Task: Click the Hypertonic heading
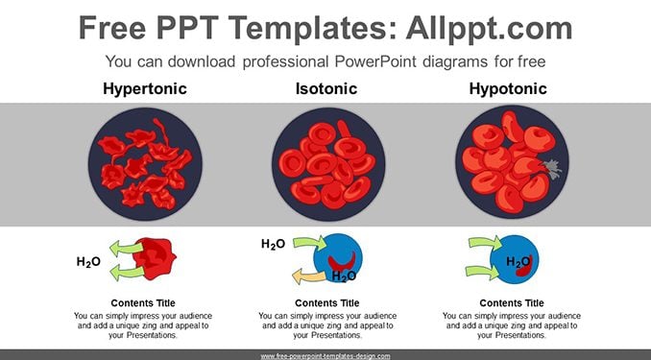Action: click(145, 89)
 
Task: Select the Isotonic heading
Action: click(326, 88)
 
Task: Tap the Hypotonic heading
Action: click(508, 89)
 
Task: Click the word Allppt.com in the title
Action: click(489, 28)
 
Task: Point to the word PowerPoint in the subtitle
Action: click(375, 61)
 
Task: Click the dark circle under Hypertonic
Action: click(145, 164)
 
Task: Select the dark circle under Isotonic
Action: click(328, 164)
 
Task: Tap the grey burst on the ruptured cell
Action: click(552, 169)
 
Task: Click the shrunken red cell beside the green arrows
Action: click(155, 258)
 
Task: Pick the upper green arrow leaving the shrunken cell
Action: click(126, 249)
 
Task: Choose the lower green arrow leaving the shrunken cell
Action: click(127, 273)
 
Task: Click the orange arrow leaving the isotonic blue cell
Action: click(308, 276)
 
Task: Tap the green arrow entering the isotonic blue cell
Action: click(310, 243)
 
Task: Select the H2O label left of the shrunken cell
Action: click(88, 262)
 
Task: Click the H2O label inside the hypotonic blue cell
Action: click(518, 261)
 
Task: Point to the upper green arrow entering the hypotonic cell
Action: click(486, 243)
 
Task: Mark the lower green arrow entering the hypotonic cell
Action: click(483, 272)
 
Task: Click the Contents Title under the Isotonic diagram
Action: click(327, 303)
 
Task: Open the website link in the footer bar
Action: click(325, 356)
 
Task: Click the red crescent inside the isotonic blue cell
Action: click(342, 262)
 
